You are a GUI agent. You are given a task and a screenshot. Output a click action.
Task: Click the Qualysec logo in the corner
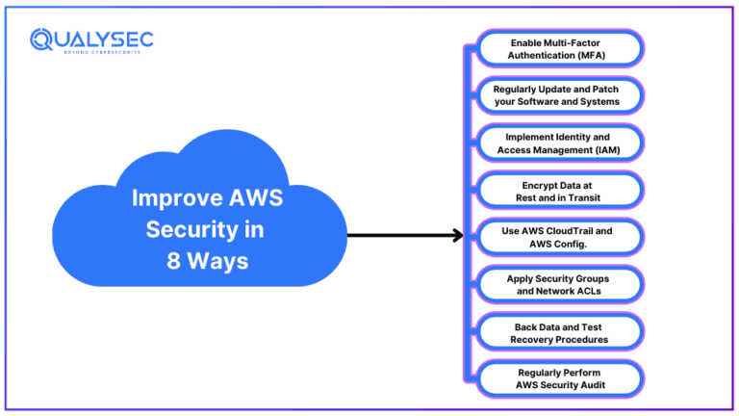coord(91,40)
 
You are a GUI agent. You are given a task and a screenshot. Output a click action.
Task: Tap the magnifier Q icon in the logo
coord(41,39)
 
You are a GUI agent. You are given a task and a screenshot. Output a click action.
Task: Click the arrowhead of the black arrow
coord(458,235)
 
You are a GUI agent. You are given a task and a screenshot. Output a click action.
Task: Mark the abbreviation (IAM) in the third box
coord(603,149)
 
